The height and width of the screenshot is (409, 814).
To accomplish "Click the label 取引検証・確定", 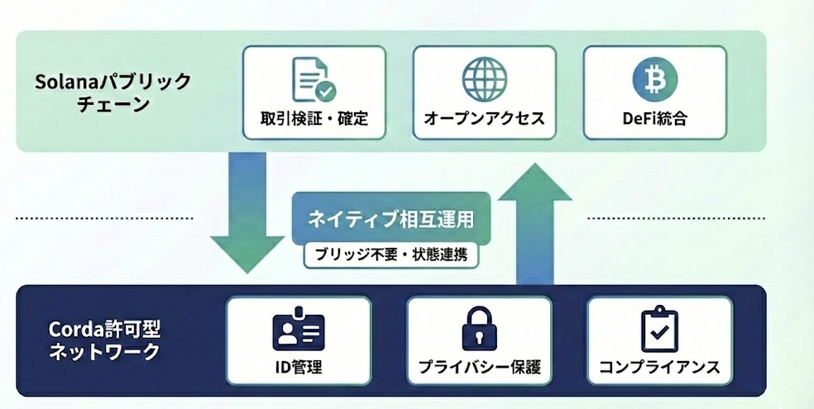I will click(x=314, y=118).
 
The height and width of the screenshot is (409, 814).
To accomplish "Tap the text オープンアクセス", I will click(x=484, y=118).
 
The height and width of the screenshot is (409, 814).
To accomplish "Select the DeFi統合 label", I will click(x=654, y=118).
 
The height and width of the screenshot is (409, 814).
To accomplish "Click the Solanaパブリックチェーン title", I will click(x=112, y=93).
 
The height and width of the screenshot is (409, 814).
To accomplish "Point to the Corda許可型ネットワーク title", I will click(x=103, y=340).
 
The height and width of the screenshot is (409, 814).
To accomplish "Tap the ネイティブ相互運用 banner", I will click(x=390, y=220).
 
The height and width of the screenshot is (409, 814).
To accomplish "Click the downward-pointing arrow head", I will click(x=247, y=253).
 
